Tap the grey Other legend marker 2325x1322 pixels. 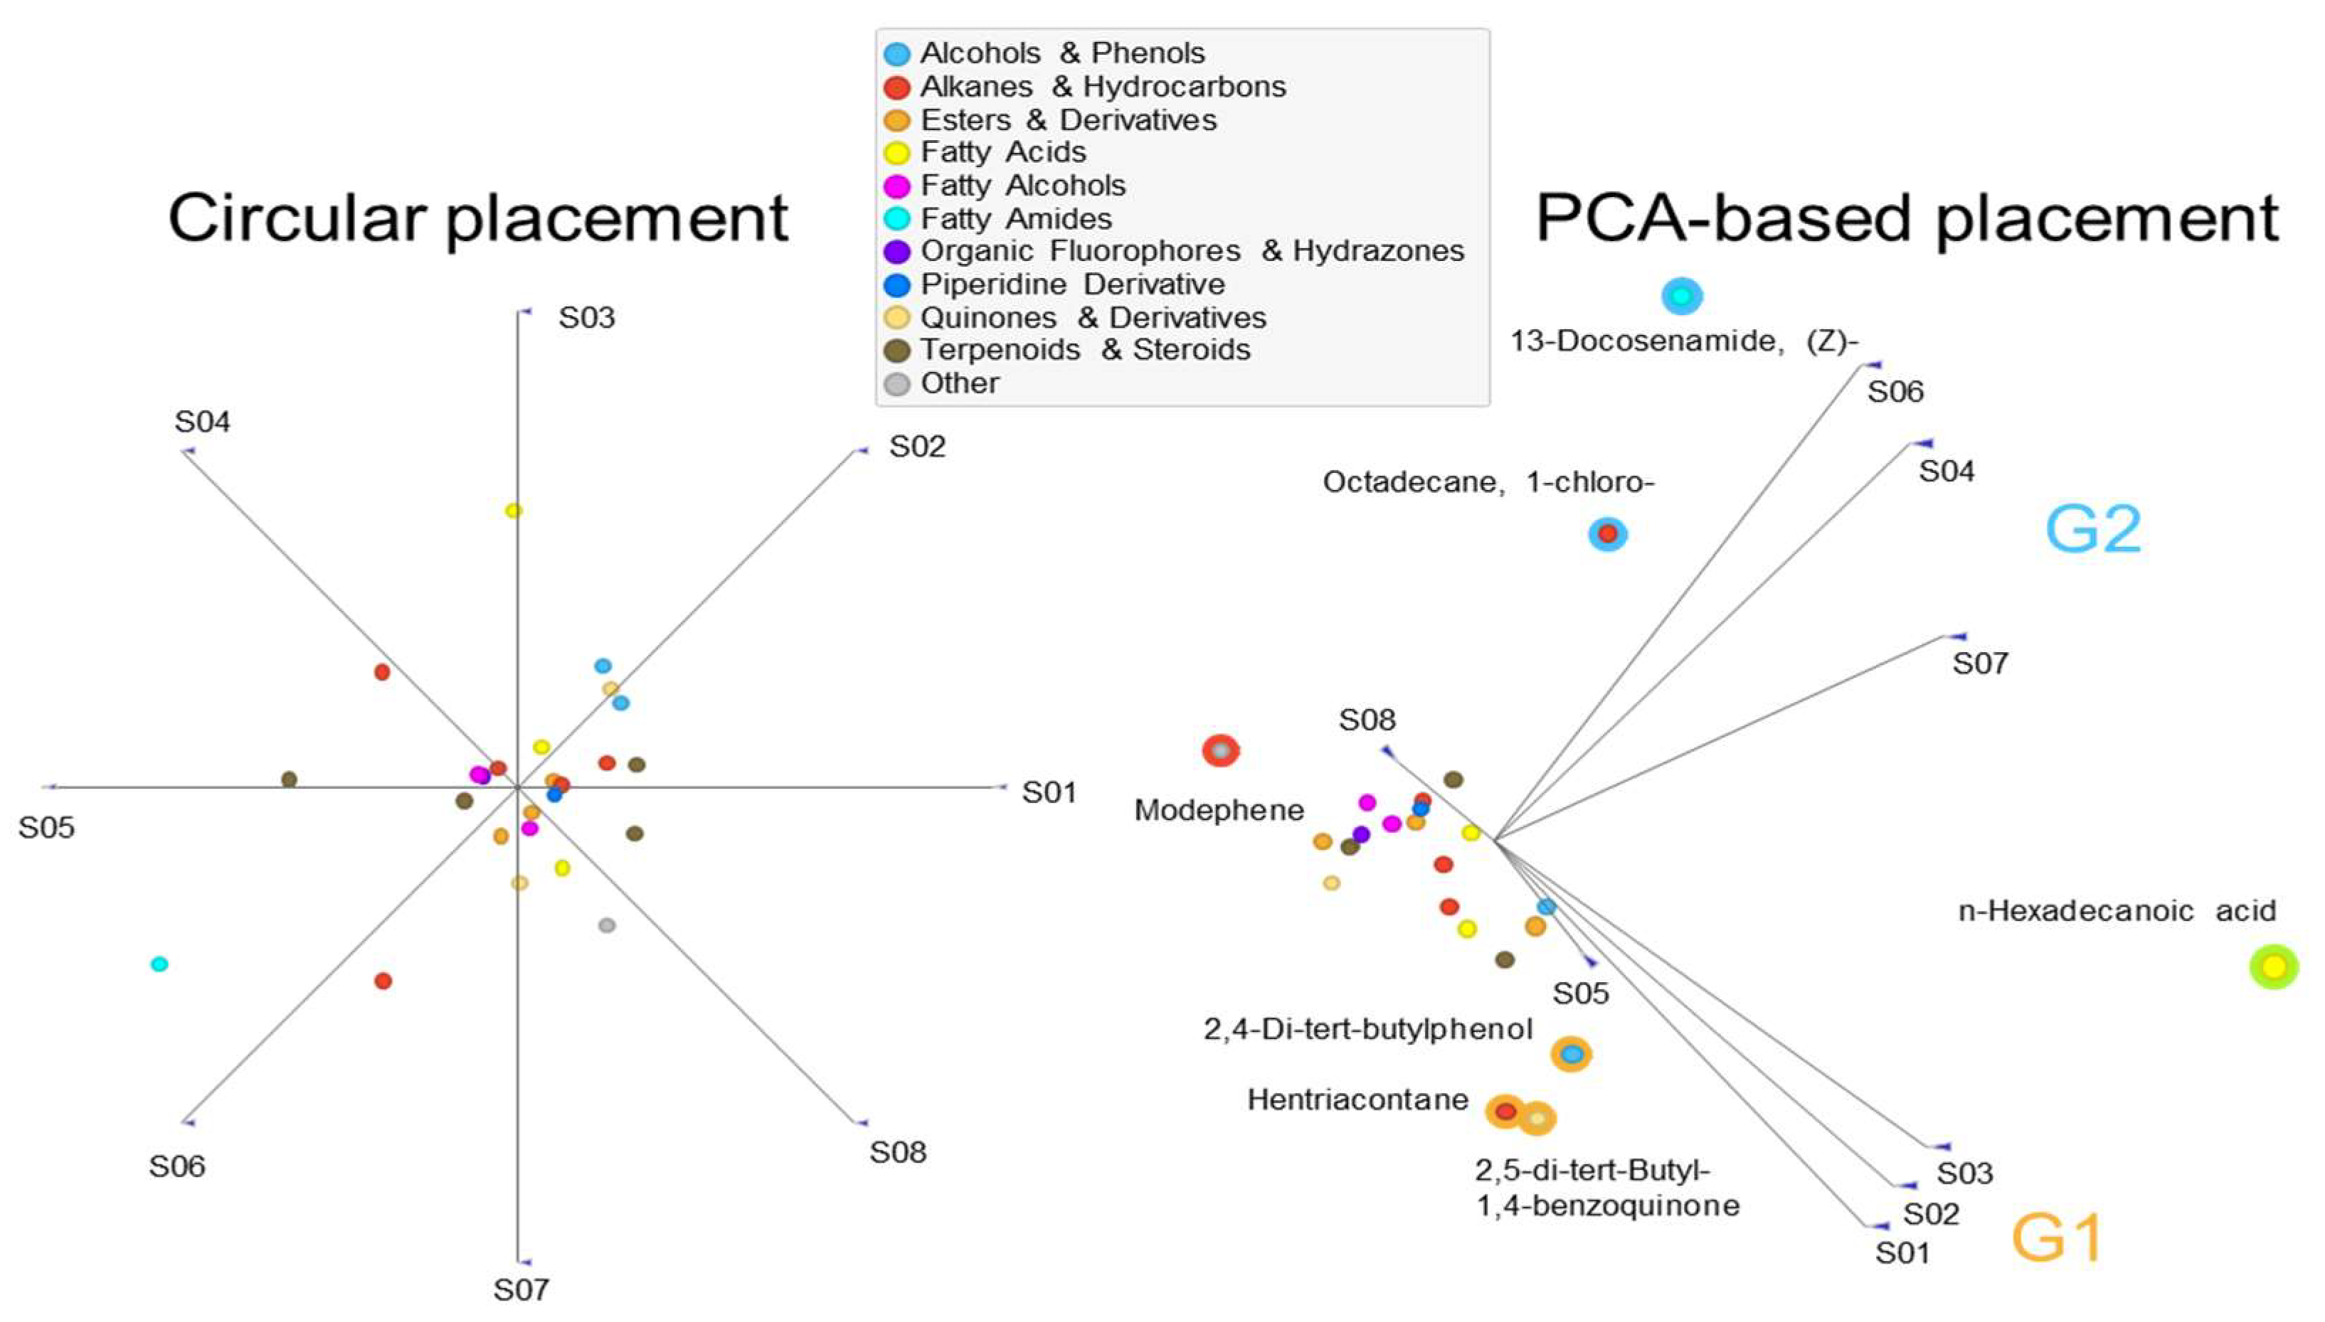click(x=896, y=384)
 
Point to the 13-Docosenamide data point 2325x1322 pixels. click(x=1681, y=296)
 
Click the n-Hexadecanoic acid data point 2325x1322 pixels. click(x=2273, y=967)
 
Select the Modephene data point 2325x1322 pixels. click(x=1221, y=751)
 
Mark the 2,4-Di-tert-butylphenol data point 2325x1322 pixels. click(x=1571, y=1054)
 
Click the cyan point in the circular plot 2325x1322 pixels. click(x=159, y=964)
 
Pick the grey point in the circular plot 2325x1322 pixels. click(x=607, y=925)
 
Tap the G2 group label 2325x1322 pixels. click(x=2092, y=529)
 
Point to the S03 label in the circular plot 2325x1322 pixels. click(x=587, y=318)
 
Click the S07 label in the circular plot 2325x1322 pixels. click(x=521, y=1289)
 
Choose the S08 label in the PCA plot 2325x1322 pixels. click(x=1367, y=720)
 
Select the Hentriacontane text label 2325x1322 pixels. click(x=1357, y=1100)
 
